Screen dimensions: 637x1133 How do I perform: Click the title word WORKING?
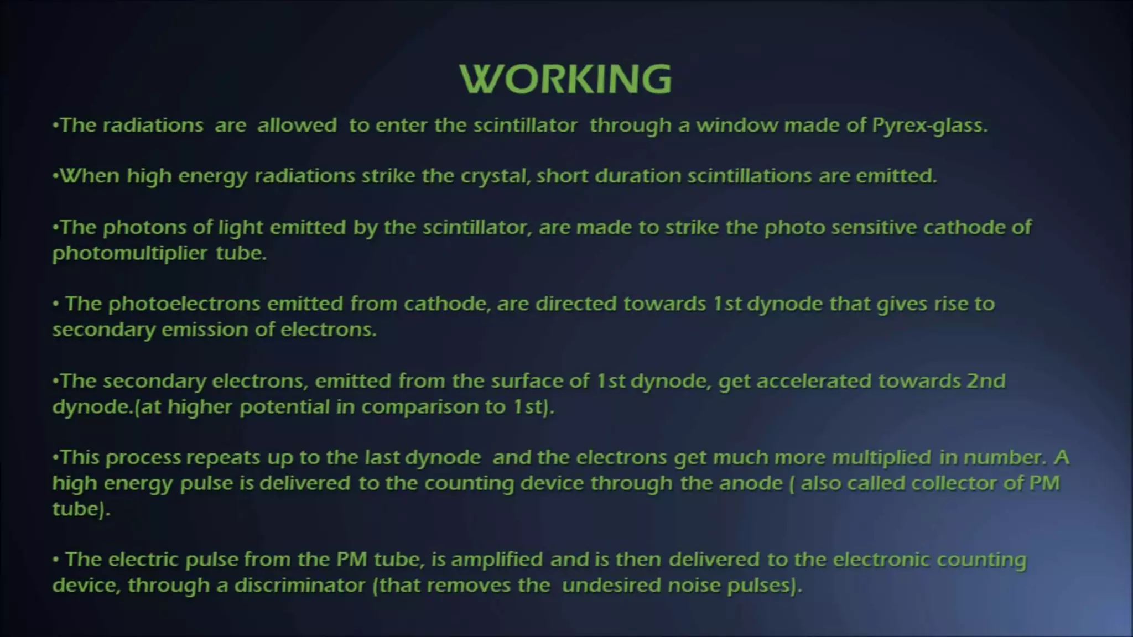point(565,79)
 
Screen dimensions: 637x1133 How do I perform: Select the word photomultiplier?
point(130,253)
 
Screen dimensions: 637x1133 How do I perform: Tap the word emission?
point(205,330)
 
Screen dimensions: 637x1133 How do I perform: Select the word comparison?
point(420,407)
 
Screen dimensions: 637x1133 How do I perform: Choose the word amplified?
point(497,560)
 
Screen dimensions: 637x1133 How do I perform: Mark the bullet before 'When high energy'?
point(55,176)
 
